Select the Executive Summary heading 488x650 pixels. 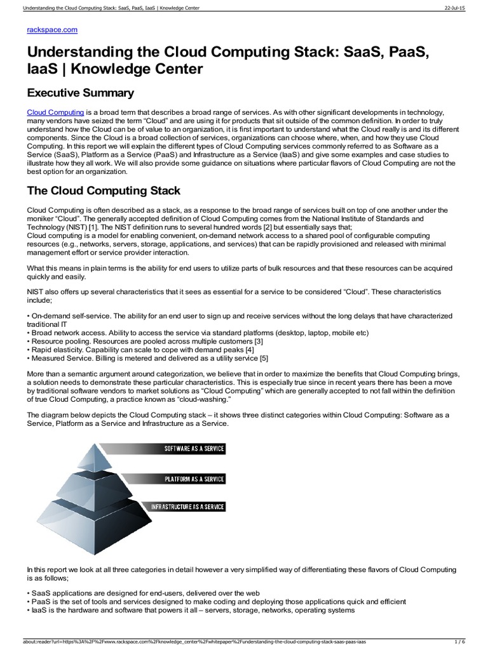tap(80, 93)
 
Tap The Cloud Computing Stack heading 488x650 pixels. tap(104, 190)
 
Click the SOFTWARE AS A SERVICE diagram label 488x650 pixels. tap(194, 449)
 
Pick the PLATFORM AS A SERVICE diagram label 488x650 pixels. tap(194, 478)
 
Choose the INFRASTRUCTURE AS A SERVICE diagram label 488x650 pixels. tap(187, 507)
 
